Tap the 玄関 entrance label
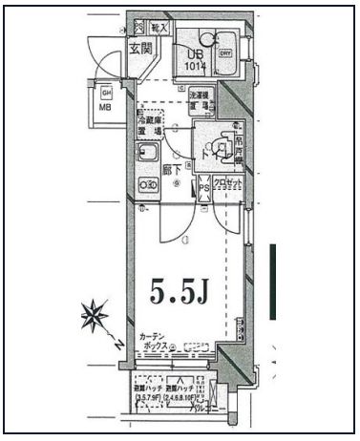click(141, 47)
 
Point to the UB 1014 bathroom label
click(195, 59)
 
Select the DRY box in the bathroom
click(226, 54)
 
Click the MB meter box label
click(105, 107)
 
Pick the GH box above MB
click(105, 92)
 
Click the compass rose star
click(96, 315)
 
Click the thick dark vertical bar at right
click(273, 282)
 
